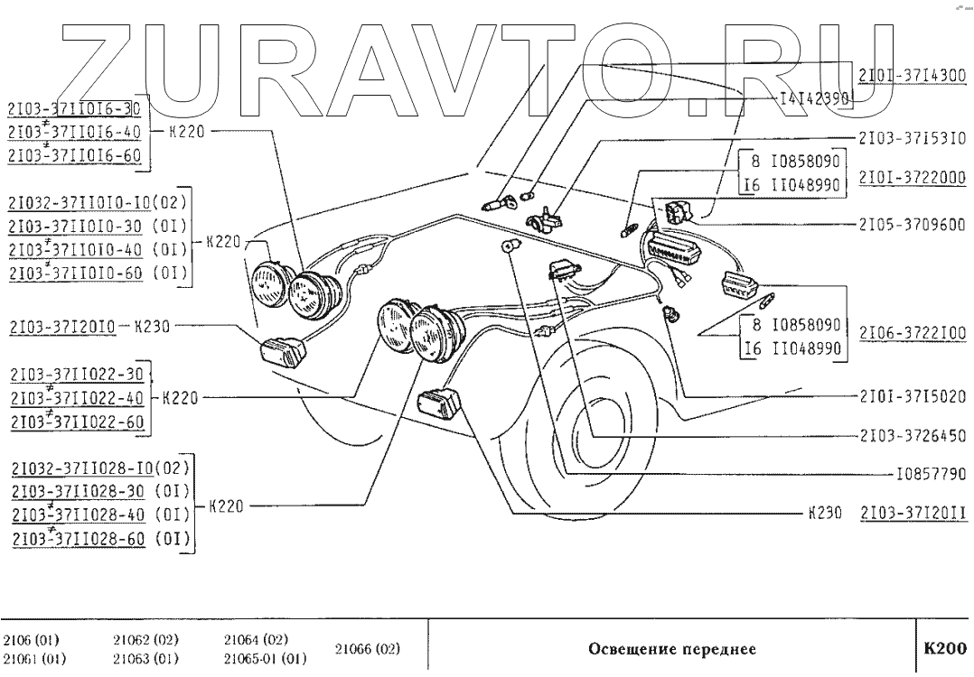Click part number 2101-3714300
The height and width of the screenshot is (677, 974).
pyautogui.click(x=913, y=77)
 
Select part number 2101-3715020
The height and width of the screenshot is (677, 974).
pyautogui.click(x=911, y=396)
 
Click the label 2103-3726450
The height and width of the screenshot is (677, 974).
pyautogui.click(x=911, y=436)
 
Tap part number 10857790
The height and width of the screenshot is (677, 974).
pyautogui.click(x=930, y=473)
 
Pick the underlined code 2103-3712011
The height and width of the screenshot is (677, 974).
pyautogui.click(x=913, y=513)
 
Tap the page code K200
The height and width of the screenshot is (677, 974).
pyautogui.click(x=943, y=648)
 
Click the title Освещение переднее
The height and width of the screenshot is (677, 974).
pyautogui.click(x=671, y=649)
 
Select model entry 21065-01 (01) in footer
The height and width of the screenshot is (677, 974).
pyautogui.click(x=265, y=658)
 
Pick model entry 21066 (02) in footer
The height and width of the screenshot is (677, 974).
pyautogui.click(x=367, y=649)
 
